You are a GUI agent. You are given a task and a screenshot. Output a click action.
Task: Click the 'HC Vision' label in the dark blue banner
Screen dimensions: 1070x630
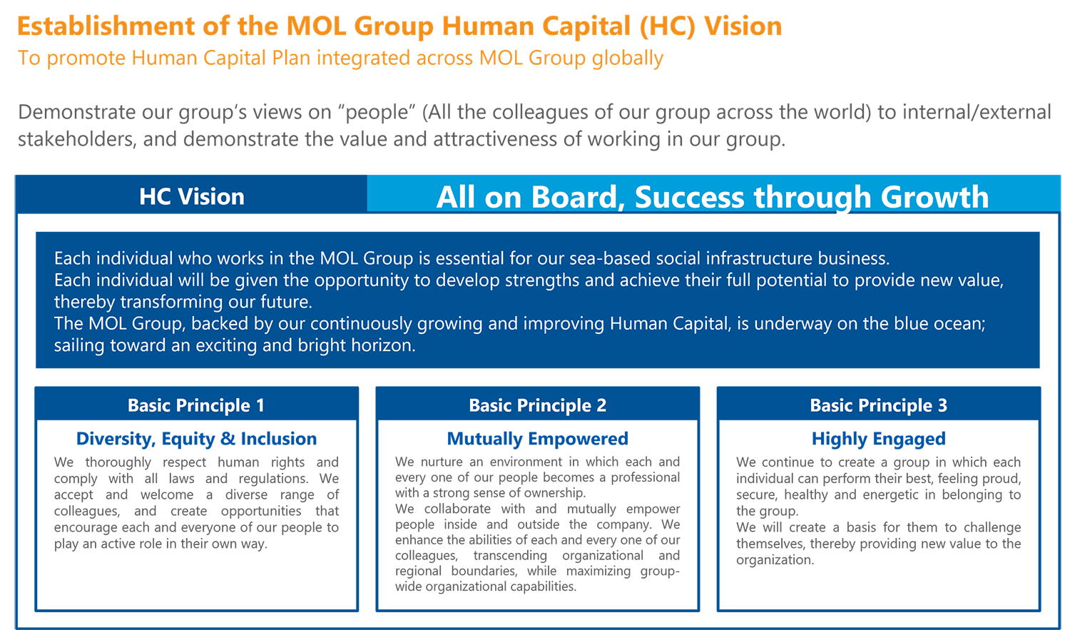pyautogui.click(x=192, y=196)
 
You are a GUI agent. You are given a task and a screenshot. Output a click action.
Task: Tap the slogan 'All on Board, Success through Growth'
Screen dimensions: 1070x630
pyautogui.click(x=712, y=197)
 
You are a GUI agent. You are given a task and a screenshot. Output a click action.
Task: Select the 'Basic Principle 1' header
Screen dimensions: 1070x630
pyautogui.click(x=196, y=405)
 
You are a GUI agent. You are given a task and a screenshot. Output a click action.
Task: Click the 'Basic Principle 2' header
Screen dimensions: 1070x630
pyautogui.click(x=537, y=405)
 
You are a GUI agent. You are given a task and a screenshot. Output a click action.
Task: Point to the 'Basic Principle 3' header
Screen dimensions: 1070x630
pyautogui.click(x=878, y=405)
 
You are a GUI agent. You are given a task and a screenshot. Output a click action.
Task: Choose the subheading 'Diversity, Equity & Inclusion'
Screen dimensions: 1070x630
pyautogui.click(x=196, y=439)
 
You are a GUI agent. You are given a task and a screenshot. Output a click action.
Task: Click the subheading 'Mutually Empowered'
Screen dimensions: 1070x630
pyautogui.click(x=537, y=439)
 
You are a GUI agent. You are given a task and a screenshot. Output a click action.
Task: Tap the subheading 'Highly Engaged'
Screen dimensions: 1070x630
pyautogui.click(x=878, y=439)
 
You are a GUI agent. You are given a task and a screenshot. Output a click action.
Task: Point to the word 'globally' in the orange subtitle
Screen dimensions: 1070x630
pyautogui.click(x=628, y=59)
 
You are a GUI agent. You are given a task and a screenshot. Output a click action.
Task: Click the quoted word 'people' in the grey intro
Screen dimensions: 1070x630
pyautogui.click(x=377, y=113)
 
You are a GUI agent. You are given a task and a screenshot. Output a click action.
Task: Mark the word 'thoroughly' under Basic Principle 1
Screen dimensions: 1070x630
pyautogui.click(x=118, y=462)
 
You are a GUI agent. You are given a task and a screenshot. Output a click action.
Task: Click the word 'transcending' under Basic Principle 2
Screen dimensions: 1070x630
pyautogui.click(x=510, y=556)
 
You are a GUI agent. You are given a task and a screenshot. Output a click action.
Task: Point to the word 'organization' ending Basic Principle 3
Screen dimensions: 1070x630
pyautogui.click(x=774, y=560)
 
